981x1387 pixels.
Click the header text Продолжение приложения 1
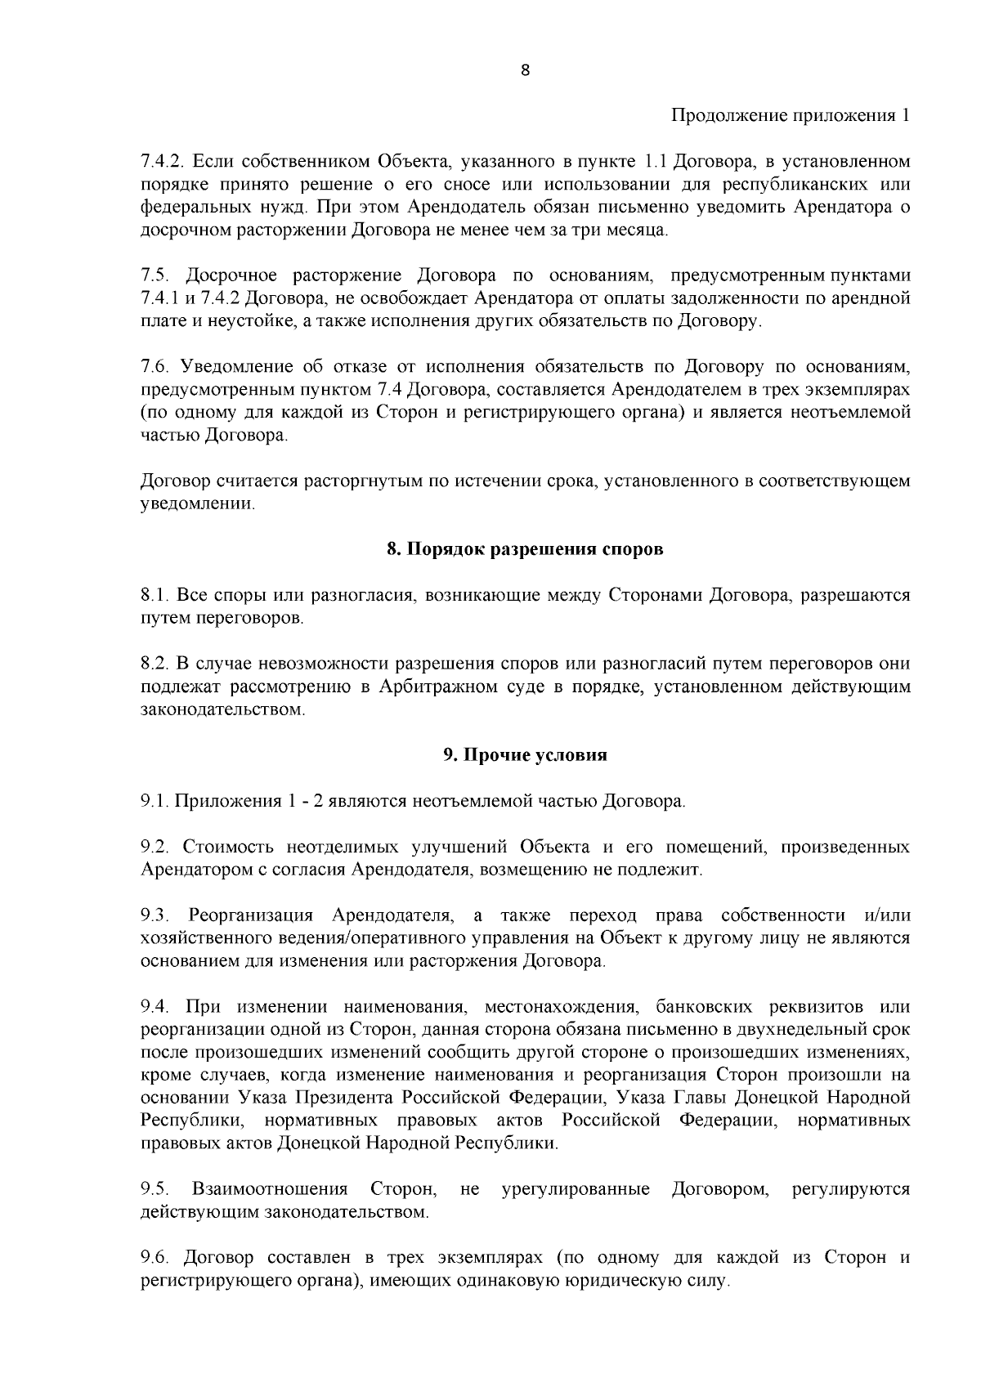(790, 115)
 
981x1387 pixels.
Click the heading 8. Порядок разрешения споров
(525, 549)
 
